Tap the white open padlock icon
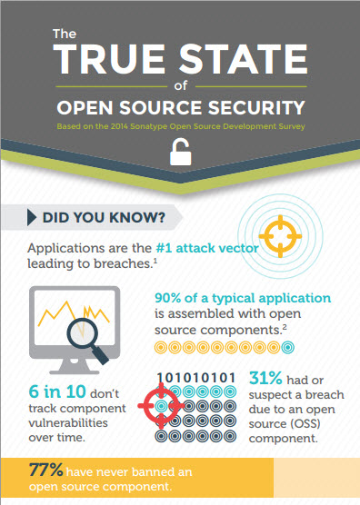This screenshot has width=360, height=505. pos(180,154)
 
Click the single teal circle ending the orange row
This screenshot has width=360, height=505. pos(288,348)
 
